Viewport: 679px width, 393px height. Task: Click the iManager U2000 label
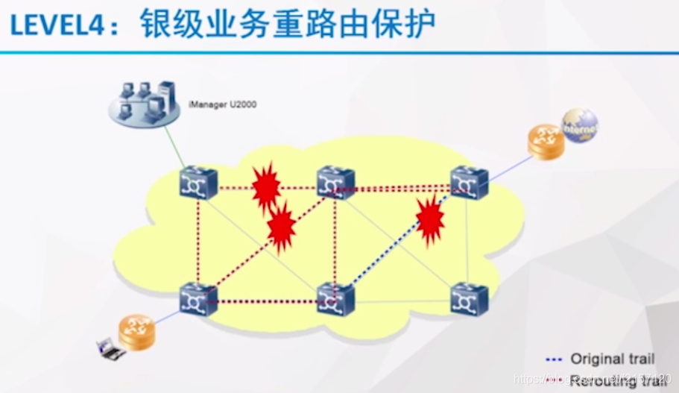pos(222,104)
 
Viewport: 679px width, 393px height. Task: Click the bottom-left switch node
pos(198,299)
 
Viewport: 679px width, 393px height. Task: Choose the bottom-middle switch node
pos(335,299)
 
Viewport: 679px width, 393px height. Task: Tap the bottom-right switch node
pos(469,298)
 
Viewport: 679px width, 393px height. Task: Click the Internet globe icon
pos(581,127)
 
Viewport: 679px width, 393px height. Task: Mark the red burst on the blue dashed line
pos(430,220)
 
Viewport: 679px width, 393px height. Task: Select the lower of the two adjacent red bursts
pos(281,227)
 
